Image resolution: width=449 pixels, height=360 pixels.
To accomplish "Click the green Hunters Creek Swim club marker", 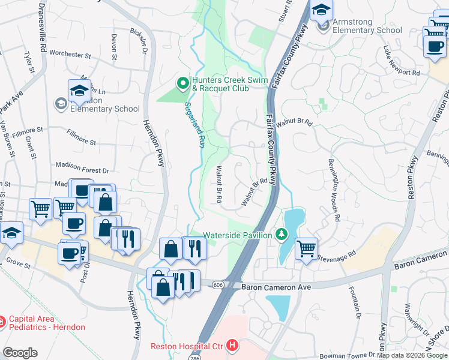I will (x=182, y=82).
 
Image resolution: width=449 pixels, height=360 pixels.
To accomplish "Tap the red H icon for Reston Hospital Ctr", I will (x=231, y=346).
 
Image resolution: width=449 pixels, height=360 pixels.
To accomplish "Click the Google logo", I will (x=20, y=353).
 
